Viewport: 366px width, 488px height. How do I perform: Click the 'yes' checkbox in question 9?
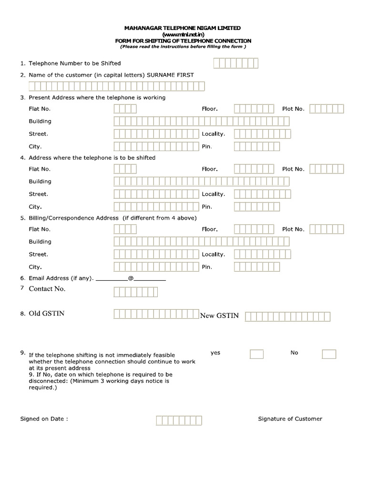pyautogui.click(x=257, y=354)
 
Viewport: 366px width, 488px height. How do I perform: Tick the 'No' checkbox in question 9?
pyautogui.click(x=329, y=354)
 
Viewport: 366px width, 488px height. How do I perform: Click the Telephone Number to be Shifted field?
pyautogui.click(x=236, y=63)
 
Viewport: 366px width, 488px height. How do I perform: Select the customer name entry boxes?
pyautogui.click(x=117, y=86)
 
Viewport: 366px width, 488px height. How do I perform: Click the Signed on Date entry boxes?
pyautogui.click(x=179, y=420)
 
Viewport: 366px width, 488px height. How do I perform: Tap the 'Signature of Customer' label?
pyautogui.click(x=290, y=419)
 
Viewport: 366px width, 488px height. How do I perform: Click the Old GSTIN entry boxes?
pyautogui.click(x=156, y=314)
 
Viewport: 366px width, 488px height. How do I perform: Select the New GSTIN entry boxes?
pyautogui.click(x=287, y=316)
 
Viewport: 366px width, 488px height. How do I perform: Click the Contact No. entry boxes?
pyautogui.click(x=136, y=292)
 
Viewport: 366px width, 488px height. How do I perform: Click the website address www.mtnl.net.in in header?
pyautogui.click(x=183, y=35)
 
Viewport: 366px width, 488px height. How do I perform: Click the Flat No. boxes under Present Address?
pyautogui.click(x=125, y=109)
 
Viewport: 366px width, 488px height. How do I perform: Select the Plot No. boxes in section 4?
pyautogui.click(x=326, y=169)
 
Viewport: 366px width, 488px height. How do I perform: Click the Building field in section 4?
pyautogui.click(x=201, y=182)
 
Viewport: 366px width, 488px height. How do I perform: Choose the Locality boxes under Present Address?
pyautogui.click(x=262, y=134)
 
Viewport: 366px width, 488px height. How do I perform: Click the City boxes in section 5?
pyautogui.click(x=156, y=267)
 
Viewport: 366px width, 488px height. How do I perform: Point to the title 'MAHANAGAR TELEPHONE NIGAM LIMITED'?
pyautogui.click(x=183, y=29)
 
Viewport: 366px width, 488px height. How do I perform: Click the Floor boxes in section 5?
pyautogui.click(x=254, y=229)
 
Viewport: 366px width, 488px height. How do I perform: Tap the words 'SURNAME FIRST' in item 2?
pyautogui.click(x=170, y=75)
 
